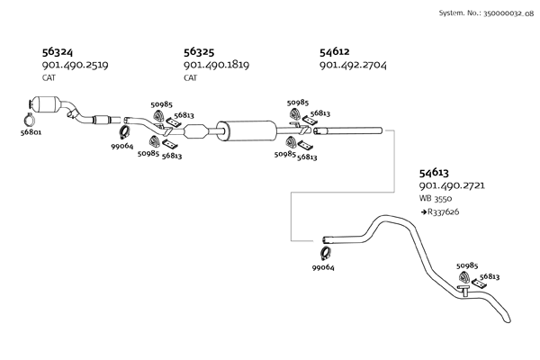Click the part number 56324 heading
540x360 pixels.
click(x=59, y=52)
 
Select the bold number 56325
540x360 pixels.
click(x=201, y=52)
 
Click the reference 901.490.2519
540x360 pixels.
click(x=75, y=66)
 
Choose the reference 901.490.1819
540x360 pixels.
click(x=216, y=66)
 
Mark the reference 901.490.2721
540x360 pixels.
click(x=453, y=185)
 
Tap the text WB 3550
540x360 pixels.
click(x=437, y=198)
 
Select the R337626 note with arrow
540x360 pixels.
click(x=441, y=211)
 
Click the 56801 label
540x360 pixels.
click(x=30, y=133)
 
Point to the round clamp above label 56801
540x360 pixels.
click(x=29, y=117)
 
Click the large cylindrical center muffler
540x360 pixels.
click(x=247, y=130)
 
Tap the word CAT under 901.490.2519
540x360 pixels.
click(x=49, y=78)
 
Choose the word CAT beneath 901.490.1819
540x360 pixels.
click(x=191, y=78)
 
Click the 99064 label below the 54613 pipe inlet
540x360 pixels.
click(x=324, y=267)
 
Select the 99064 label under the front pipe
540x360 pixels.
click(x=122, y=146)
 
